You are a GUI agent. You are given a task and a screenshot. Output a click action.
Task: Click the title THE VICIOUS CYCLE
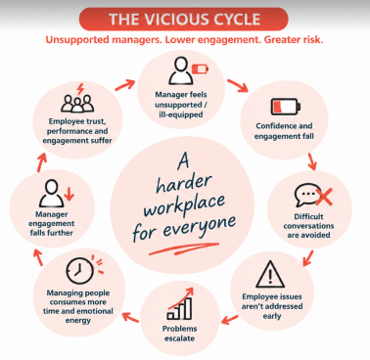pyautogui.click(x=185, y=20)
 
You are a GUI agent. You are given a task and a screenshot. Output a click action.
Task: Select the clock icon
pyautogui.click(x=79, y=271)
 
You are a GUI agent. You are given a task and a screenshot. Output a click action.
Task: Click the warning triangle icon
pyautogui.click(x=270, y=275)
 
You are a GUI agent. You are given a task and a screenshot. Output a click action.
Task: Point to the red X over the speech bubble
pyautogui.click(x=323, y=197)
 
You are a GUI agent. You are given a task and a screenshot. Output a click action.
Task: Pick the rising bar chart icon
pyautogui.click(x=180, y=303)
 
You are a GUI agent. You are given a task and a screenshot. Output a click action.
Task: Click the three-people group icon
pyautogui.click(x=77, y=104)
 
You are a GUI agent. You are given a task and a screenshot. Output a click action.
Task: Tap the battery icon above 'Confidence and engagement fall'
pyautogui.click(x=286, y=107)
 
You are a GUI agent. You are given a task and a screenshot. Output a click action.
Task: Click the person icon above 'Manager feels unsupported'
pyautogui.click(x=181, y=70)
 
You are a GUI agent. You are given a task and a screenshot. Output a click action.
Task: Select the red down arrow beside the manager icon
pyautogui.click(x=69, y=194)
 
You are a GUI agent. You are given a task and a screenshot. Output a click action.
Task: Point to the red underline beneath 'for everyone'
pyautogui.click(x=184, y=248)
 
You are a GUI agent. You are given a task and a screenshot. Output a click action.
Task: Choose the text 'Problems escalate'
pyautogui.click(x=179, y=334)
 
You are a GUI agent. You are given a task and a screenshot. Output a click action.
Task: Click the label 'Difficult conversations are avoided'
pyautogui.click(x=308, y=226)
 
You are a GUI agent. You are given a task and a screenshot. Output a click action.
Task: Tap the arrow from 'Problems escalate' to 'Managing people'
pyautogui.click(x=130, y=317)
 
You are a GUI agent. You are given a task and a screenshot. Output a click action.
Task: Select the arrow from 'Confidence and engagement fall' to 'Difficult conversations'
pyautogui.click(x=312, y=161)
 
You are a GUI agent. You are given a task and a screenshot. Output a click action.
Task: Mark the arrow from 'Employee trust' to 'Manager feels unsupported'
pyautogui.click(x=125, y=85)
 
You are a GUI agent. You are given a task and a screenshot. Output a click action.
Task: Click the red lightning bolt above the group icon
pyautogui.click(x=80, y=89)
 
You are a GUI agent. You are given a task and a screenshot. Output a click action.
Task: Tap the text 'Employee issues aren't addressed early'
pyautogui.click(x=272, y=306)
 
